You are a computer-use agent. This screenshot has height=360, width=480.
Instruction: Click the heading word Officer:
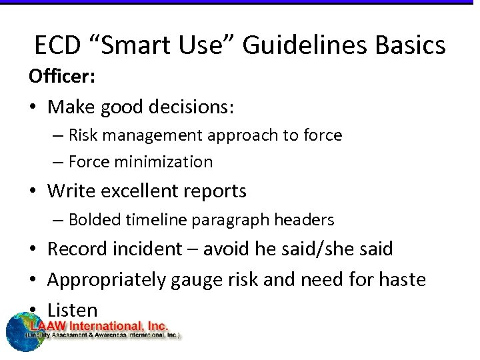pos(62,77)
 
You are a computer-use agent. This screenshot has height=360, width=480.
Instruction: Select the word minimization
pos(168,162)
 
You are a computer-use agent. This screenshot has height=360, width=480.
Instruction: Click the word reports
pos(216,191)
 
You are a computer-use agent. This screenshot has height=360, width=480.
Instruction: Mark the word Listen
pos(72,309)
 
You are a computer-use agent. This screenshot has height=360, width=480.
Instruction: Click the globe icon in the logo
pos(24,332)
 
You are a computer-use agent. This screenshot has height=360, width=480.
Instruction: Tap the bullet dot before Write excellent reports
pos(33,192)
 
